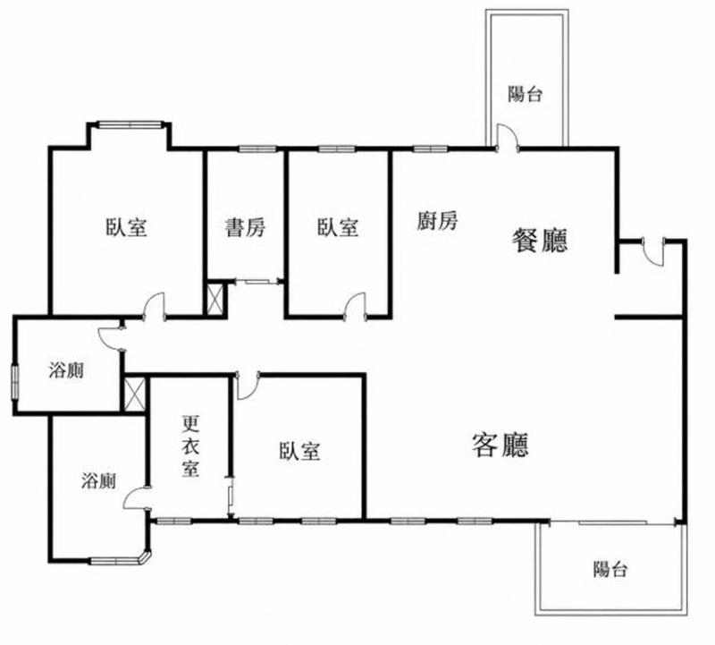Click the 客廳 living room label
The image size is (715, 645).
500,446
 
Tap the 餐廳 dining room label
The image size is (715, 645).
540,240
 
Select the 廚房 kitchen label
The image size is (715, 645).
437,221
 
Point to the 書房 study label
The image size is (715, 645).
245,227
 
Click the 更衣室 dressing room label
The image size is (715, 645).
190,446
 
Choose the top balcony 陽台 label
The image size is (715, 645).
526,95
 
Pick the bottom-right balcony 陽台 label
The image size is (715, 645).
610,569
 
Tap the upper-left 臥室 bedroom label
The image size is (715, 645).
126,227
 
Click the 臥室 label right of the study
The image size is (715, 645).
338,227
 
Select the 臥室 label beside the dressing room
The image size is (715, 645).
299,451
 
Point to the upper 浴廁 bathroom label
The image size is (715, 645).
66,370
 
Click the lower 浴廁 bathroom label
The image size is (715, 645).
98,480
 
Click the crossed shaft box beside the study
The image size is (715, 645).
215,299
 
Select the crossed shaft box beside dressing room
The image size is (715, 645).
135,394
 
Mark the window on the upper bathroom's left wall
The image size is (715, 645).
15,382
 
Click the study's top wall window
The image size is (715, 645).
257,149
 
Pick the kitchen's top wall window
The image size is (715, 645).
431,149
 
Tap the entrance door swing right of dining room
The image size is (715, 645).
653,252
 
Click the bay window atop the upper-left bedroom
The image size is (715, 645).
130,124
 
